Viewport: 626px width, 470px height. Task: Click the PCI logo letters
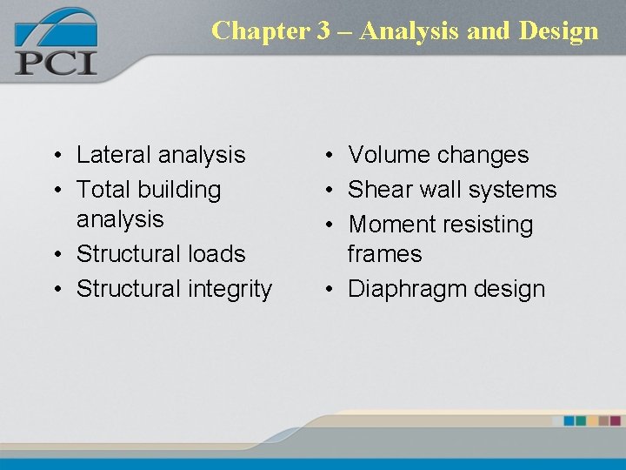pyautogui.click(x=55, y=63)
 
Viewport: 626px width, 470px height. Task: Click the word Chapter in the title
pyautogui.click(x=260, y=30)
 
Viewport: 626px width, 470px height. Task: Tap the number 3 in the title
pyautogui.click(x=323, y=30)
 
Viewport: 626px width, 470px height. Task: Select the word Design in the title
pyautogui.click(x=558, y=30)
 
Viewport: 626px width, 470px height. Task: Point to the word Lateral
pyautogui.click(x=108, y=155)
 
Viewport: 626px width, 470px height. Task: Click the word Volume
pyautogui.click(x=389, y=155)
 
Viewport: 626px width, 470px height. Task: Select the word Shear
pyautogui.click(x=379, y=189)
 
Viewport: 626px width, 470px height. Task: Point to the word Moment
pyautogui.click(x=389, y=225)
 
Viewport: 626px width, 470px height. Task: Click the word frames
pyautogui.click(x=384, y=254)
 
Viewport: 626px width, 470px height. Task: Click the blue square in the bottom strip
pyautogui.click(x=569, y=420)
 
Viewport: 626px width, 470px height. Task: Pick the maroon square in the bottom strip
pyautogui.click(x=615, y=420)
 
